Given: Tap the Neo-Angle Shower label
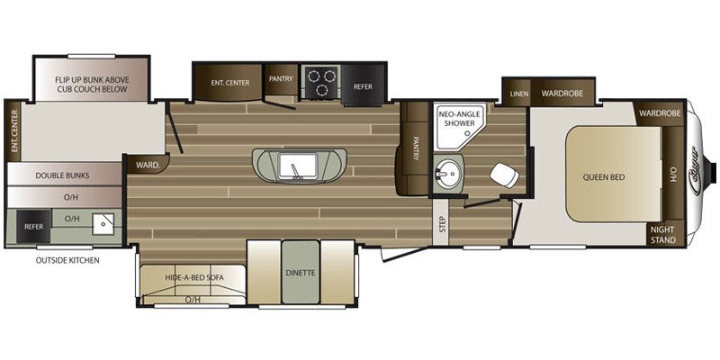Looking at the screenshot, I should pos(457,121).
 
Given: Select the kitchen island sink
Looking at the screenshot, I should pos(294,166).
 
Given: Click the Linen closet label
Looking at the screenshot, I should pos(518,94).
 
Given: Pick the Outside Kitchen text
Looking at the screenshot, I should pos(67,260).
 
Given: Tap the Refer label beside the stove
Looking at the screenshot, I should pos(363,86).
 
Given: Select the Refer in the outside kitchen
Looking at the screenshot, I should pos(34,227).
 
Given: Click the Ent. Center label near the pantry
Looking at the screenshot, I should pos(230,83).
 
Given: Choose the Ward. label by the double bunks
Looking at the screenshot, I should pos(148,166).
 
